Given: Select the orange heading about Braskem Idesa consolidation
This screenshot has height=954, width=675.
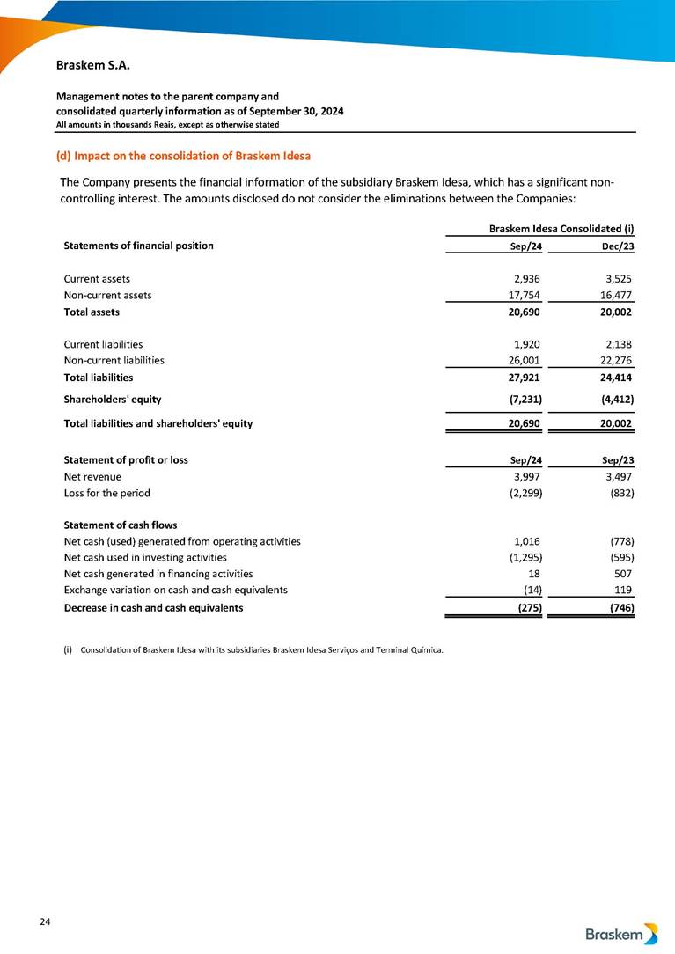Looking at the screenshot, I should [x=183, y=157].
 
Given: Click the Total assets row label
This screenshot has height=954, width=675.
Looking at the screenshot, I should [x=92, y=312].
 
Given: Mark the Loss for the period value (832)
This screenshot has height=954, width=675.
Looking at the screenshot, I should [x=619, y=493].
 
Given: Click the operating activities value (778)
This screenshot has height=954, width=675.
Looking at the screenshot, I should [x=619, y=541].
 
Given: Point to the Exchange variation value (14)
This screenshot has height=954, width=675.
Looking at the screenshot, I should [x=530, y=590].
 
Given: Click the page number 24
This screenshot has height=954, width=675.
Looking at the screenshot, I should [x=45, y=921].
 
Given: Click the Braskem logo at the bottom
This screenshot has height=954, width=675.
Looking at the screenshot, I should [x=621, y=934].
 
